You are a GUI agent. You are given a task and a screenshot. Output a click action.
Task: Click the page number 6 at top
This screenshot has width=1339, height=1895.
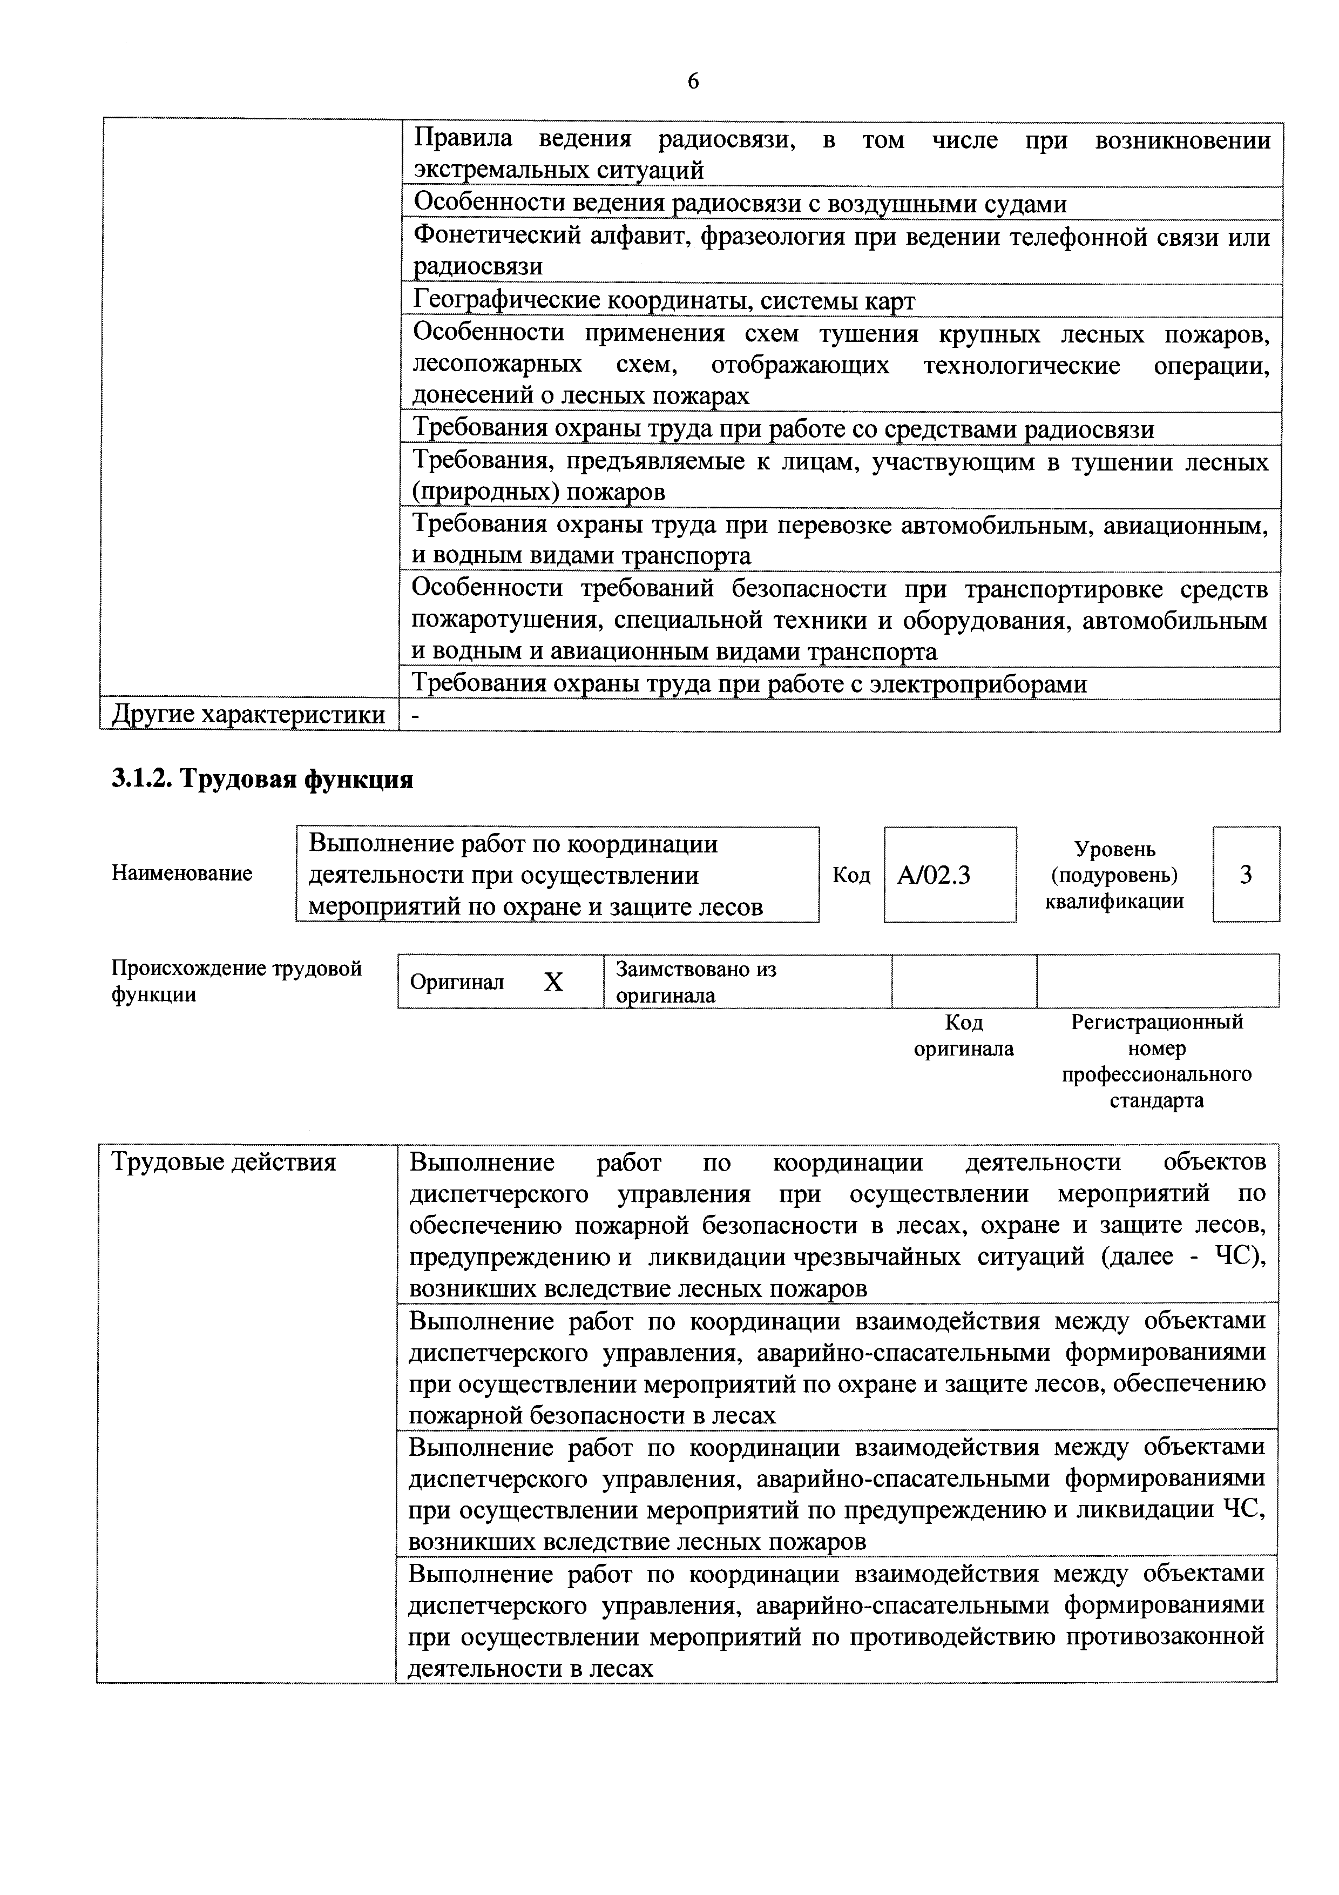click(692, 81)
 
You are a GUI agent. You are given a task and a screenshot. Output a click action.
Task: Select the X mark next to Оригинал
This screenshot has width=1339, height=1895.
click(553, 982)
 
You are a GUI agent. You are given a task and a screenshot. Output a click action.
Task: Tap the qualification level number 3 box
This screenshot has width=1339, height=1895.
click(1245, 874)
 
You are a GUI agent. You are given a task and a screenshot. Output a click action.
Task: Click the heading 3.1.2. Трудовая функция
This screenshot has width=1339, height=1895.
click(262, 778)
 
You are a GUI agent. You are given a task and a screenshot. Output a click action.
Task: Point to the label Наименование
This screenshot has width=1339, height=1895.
click(181, 873)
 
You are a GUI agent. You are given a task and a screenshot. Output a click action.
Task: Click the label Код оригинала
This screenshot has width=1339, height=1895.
click(964, 1036)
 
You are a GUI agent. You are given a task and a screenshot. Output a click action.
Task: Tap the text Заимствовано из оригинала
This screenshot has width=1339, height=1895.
click(695, 982)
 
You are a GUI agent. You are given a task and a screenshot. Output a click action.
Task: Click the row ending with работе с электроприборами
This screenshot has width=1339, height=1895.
click(748, 684)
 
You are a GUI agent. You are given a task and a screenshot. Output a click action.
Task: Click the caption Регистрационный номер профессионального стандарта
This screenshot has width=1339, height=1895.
click(1156, 1061)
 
